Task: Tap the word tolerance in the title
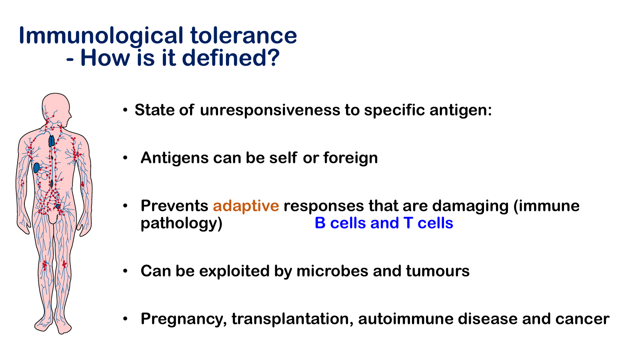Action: click(x=244, y=36)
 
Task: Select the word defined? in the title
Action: click(x=231, y=58)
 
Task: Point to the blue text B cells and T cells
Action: click(x=384, y=223)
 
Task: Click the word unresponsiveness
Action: click(x=270, y=110)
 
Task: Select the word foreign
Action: click(x=350, y=158)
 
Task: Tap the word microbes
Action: click(x=332, y=271)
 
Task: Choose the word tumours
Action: click(x=438, y=271)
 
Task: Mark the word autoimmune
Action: click(x=406, y=319)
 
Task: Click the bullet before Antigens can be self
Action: click(x=125, y=158)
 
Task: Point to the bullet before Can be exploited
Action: click(x=125, y=271)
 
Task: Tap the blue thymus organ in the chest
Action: click(x=52, y=141)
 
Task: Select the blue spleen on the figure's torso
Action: click(x=36, y=168)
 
